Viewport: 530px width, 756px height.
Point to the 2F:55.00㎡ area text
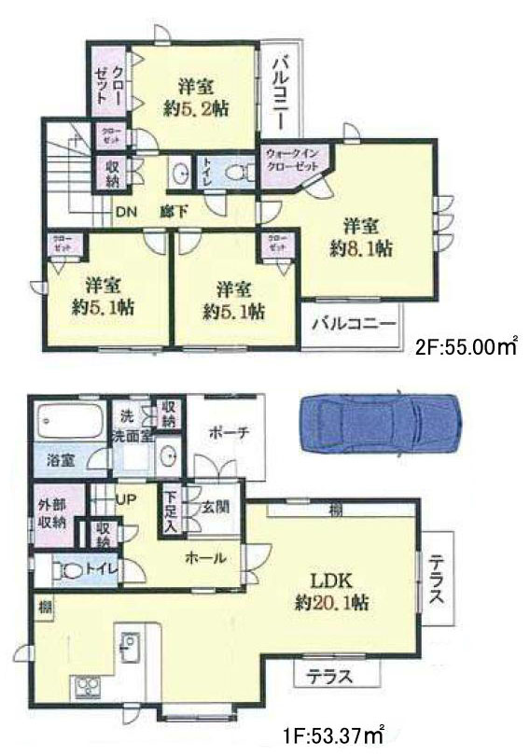(x=466, y=347)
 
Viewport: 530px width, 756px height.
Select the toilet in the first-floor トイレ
(x=66, y=570)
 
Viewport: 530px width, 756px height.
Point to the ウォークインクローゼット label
(x=292, y=159)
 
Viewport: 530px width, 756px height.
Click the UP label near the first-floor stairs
(x=126, y=500)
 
